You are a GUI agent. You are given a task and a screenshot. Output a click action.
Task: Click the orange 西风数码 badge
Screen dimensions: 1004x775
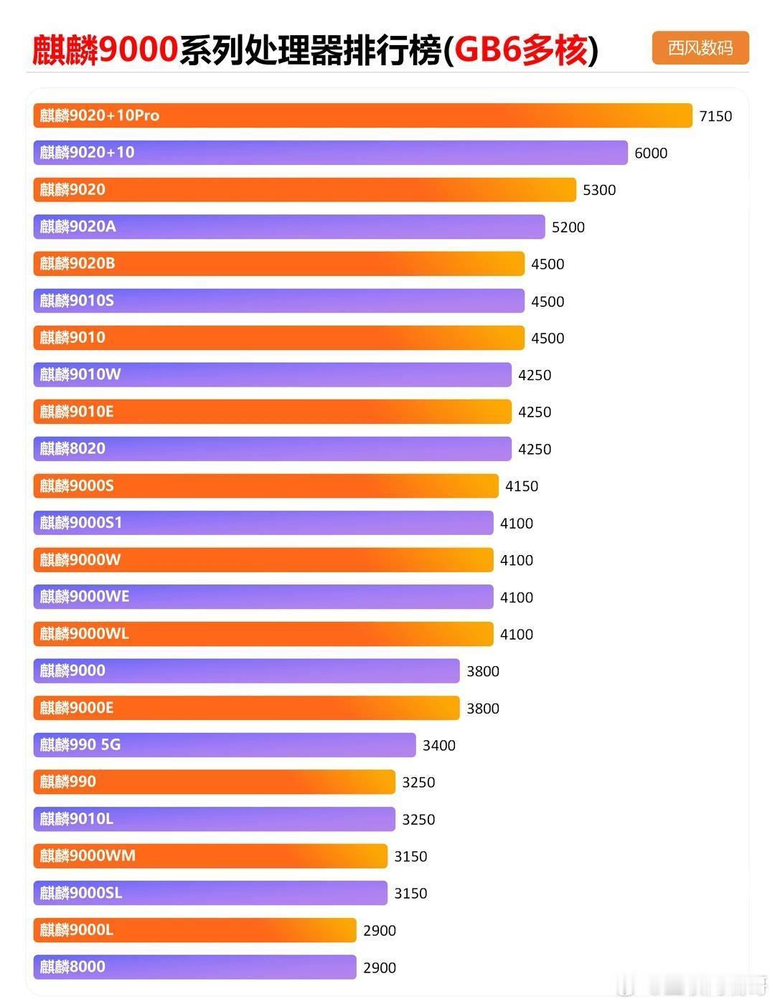(700, 48)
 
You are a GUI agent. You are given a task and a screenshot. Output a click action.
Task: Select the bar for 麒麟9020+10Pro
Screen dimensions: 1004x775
(362, 115)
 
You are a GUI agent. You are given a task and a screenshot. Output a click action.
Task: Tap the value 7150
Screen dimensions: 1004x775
(715, 116)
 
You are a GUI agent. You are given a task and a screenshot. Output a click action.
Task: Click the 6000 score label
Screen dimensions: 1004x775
(651, 153)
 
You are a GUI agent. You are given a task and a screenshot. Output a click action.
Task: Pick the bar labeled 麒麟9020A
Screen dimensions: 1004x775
(288, 227)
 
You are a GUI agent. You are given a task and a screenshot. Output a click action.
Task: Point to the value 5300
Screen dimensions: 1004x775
(599, 190)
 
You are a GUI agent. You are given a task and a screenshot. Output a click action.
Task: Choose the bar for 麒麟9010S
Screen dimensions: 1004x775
(278, 300)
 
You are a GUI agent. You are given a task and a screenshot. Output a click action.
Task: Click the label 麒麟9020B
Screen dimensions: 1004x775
(77, 263)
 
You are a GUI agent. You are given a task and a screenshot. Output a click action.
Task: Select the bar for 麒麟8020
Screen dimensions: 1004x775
(272, 449)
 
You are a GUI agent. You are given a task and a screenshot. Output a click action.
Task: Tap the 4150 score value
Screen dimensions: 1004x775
(522, 486)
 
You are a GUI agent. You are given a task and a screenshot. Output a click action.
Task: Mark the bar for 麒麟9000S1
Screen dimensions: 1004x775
(263, 523)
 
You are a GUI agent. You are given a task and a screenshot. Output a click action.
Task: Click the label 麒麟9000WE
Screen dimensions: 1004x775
(85, 597)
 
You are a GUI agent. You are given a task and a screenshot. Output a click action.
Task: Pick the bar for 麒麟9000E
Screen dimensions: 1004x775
(246, 708)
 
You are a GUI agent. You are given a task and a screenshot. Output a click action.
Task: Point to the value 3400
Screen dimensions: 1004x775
(439, 745)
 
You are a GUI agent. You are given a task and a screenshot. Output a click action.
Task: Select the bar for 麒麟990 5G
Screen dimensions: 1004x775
(224, 745)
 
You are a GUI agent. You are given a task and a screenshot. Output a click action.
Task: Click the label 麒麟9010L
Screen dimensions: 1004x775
(77, 819)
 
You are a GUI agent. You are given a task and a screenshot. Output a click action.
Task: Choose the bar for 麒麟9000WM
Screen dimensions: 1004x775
(210, 856)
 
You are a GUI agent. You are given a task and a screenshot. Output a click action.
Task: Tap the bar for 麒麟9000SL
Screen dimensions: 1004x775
(210, 893)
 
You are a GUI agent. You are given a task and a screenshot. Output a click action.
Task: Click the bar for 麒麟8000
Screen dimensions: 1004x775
(194, 967)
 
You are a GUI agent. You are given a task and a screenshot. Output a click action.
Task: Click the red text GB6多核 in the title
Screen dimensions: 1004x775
(521, 50)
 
